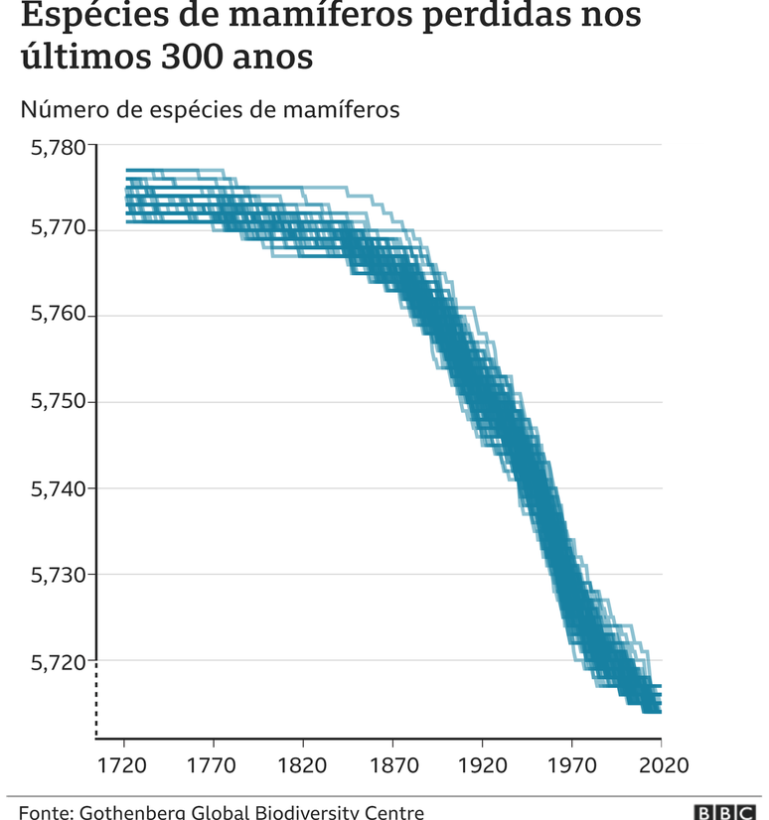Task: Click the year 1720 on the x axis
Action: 125,765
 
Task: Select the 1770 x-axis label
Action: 214,765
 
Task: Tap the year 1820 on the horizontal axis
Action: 303,765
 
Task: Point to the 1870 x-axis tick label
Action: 392,765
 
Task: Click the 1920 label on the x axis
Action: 482,765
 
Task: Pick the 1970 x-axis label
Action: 571,765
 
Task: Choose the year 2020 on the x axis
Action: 661,765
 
